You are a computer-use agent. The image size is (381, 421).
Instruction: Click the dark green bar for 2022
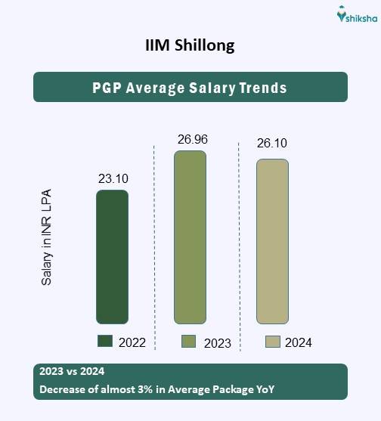(112, 257)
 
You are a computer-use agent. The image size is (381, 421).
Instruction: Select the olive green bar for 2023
(190, 237)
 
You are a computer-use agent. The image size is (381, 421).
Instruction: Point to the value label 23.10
(113, 179)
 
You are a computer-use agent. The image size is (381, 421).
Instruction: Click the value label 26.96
(192, 139)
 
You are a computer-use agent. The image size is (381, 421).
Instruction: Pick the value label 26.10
(272, 144)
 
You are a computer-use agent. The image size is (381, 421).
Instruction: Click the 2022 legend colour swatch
(105, 342)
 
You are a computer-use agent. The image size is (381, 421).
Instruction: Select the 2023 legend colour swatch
(189, 342)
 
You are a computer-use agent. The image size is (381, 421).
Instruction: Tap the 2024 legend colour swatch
(272, 342)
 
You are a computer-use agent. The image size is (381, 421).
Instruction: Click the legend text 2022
(132, 342)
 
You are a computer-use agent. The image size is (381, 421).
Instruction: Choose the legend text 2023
(217, 343)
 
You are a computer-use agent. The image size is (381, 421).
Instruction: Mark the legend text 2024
(299, 343)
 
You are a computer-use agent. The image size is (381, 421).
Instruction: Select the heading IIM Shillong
(190, 45)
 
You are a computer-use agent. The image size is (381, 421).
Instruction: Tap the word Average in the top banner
(155, 88)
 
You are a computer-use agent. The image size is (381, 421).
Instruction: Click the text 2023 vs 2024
(70, 372)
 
